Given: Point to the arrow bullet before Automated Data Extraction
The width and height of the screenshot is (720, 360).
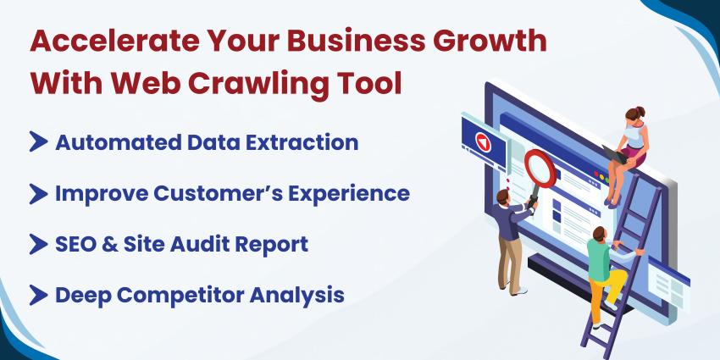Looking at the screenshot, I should pos(38,142).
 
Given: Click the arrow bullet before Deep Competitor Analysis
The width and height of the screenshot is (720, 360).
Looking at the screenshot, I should pos(38,295).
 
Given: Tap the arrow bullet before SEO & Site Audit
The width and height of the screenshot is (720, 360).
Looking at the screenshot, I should pos(38,244).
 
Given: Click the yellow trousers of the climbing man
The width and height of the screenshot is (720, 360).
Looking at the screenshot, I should pos(603,292).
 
